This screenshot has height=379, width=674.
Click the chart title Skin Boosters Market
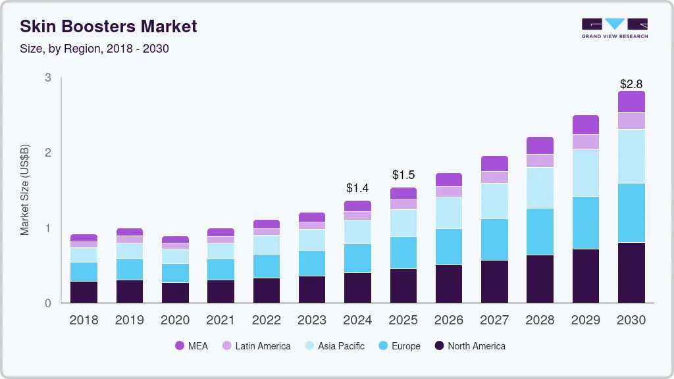[108, 27]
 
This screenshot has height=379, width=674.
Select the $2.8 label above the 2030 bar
[631, 84]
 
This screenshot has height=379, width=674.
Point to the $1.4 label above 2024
[357, 188]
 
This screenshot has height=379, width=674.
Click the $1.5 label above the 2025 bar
[403, 175]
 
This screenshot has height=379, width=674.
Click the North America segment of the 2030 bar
[631, 272]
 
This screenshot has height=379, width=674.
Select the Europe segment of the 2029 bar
[585, 222]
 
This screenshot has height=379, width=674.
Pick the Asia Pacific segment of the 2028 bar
[540, 188]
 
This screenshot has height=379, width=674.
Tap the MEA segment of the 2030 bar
[631, 101]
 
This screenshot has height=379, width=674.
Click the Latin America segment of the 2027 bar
[494, 177]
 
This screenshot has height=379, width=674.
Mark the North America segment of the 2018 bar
[84, 292]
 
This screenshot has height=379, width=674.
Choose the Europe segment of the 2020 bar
[175, 273]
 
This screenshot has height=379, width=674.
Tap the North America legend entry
[469, 346]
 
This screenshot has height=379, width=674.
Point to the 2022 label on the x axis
[267, 320]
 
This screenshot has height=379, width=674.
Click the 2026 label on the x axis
[449, 320]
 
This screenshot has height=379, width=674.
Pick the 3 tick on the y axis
[47, 78]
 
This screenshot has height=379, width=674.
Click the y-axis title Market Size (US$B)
[25, 190]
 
